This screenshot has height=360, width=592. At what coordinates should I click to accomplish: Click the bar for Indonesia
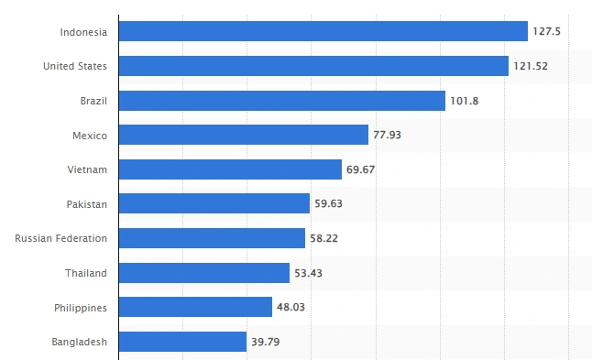(323, 31)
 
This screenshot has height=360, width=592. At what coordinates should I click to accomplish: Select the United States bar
(313, 66)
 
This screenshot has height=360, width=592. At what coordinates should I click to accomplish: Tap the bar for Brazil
(282, 101)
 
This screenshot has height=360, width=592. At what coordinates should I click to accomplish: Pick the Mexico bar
(244, 135)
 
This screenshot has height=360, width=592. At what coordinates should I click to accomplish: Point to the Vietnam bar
(230, 169)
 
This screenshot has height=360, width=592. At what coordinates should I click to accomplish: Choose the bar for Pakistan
(214, 203)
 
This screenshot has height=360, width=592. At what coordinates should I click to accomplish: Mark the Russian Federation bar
(213, 238)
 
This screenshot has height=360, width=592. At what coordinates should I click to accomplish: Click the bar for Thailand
(204, 273)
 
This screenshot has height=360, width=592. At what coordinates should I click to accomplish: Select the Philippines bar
(195, 307)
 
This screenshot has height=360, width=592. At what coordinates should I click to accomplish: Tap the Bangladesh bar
(182, 342)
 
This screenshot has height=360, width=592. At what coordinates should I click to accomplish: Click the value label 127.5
(547, 31)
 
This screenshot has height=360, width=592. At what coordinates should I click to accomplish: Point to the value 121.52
(531, 66)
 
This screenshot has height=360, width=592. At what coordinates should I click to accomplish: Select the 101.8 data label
(465, 101)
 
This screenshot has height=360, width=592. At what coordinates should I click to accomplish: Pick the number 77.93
(387, 135)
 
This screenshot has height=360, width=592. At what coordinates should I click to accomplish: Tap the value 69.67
(360, 169)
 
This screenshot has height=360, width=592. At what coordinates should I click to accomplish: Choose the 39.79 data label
(266, 342)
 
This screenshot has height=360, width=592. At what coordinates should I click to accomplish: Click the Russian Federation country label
(60, 238)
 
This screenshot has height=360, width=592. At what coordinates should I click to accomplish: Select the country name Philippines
(81, 308)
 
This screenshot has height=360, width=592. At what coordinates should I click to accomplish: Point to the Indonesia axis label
(83, 32)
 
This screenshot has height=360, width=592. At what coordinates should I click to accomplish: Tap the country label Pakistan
(87, 204)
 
